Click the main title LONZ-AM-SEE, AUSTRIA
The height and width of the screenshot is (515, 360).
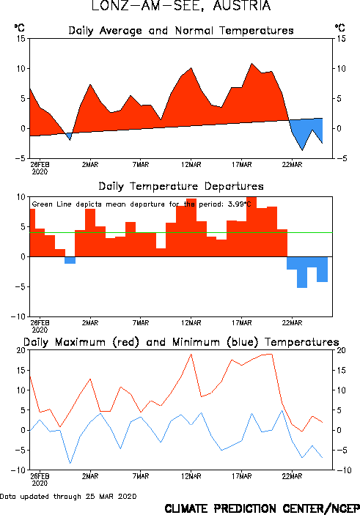181,6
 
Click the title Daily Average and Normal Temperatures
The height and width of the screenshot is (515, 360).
181,31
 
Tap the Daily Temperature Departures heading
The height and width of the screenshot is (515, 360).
181,186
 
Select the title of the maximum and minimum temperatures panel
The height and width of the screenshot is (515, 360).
181,342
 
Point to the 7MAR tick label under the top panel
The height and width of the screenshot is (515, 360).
141,165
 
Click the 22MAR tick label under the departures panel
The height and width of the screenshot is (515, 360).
292,323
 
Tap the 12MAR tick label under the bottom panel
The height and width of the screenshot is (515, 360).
191,476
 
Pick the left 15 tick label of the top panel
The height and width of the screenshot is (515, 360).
21,39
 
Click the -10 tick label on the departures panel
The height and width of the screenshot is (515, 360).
18,316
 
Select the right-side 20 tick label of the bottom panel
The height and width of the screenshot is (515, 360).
341,350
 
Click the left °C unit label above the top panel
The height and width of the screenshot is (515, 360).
19,28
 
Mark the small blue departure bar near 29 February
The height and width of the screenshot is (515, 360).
70,260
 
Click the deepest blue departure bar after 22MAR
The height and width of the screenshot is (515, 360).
302,273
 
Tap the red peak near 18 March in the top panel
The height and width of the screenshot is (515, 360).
251,64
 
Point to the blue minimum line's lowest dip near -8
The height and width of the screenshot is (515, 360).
70,463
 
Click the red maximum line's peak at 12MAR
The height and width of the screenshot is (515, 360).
191,354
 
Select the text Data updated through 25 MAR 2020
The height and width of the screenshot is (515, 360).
68,496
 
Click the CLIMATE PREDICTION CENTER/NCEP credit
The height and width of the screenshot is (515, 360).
262,508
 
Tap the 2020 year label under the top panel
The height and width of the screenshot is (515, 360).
40,171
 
